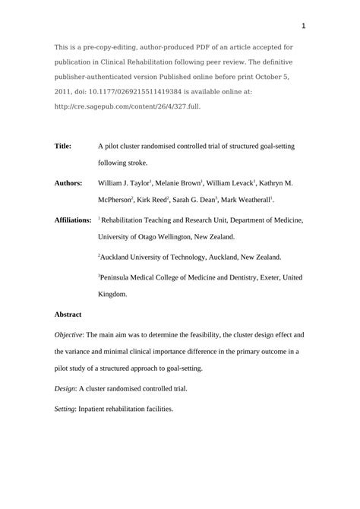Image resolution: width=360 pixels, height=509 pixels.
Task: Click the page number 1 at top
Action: click(303, 27)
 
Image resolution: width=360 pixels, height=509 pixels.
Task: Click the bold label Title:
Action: click(63, 146)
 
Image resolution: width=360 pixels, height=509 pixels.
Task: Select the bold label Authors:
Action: click(68, 184)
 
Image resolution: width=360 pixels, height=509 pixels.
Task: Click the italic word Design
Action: click(65, 388)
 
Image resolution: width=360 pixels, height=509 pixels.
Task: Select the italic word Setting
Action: click(65, 409)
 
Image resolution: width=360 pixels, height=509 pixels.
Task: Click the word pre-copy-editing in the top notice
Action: click(118, 47)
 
